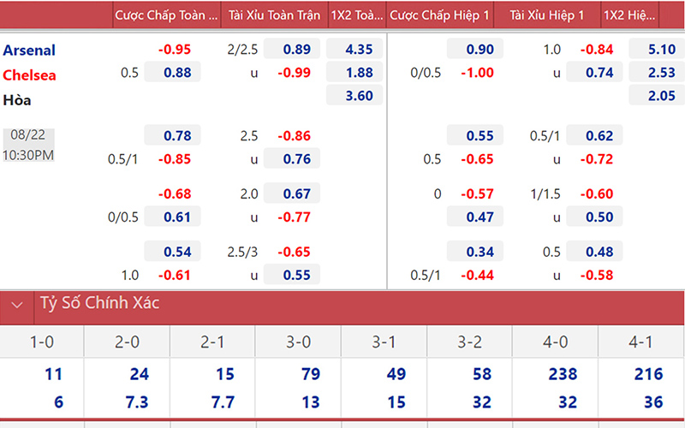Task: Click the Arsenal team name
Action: point(30,50)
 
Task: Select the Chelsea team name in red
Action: point(29,74)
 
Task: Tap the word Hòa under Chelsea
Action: point(17,100)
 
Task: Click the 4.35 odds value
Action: point(358,50)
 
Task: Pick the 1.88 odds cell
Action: point(358,73)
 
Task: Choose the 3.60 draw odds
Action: point(358,96)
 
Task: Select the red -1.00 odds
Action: point(476,73)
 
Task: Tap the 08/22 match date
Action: point(28,135)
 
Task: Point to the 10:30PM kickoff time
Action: point(28,155)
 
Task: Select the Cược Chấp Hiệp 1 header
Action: point(440,15)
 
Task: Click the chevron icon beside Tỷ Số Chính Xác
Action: point(16,304)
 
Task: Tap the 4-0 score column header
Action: point(556,343)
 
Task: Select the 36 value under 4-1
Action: point(654,402)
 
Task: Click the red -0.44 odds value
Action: point(476,276)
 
